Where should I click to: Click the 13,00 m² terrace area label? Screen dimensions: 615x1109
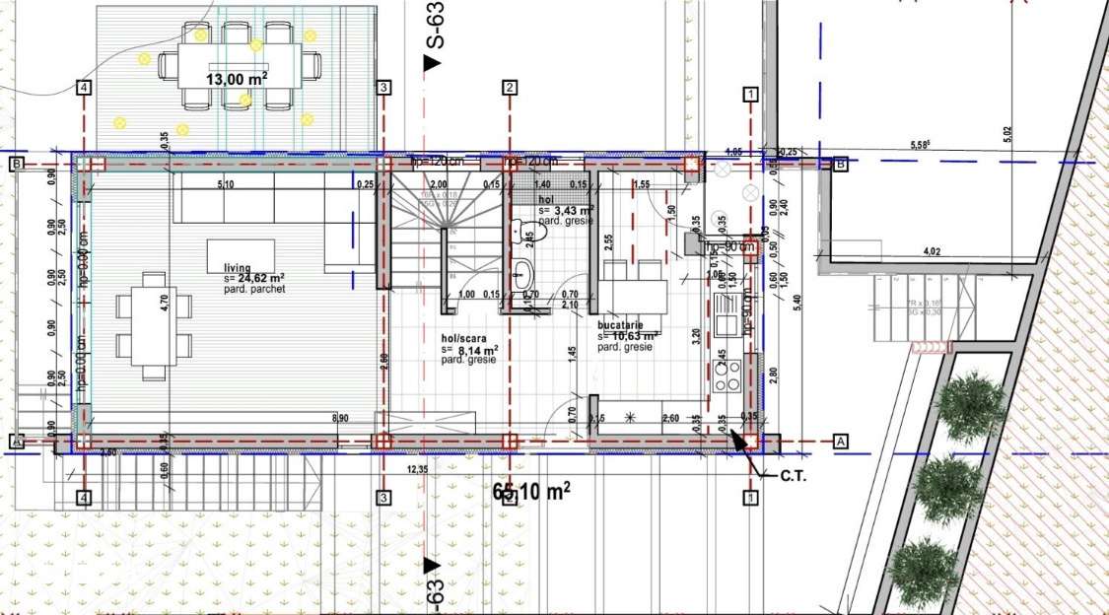click(x=237, y=78)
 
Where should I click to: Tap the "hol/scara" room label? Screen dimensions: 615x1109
click(x=463, y=338)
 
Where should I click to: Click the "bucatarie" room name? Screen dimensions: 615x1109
click(x=621, y=323)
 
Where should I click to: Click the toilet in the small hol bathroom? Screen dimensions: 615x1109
click(x=519, y=230)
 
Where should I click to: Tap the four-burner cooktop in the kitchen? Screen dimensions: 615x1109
click(x=728, y=375)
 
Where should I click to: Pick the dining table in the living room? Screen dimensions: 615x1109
click(x=153, y=326)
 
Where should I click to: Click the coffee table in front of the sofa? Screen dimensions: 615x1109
click(x=241, y=253)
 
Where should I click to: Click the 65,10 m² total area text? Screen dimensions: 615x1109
click(x=531, y=489)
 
